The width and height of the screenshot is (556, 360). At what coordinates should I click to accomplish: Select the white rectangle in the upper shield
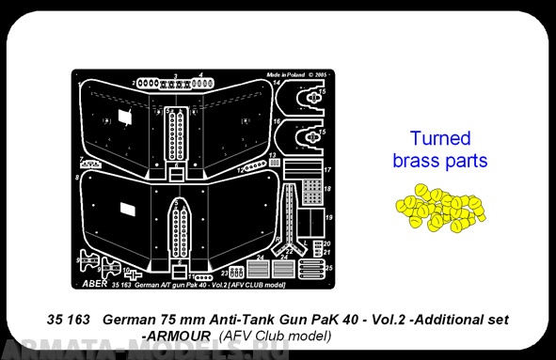coord(123,117)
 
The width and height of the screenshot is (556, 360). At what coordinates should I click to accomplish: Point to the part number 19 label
coord(328,217)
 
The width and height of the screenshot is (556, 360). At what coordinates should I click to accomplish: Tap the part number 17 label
coord(328,169)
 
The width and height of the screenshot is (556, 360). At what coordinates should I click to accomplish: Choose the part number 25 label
coord(328,268)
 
